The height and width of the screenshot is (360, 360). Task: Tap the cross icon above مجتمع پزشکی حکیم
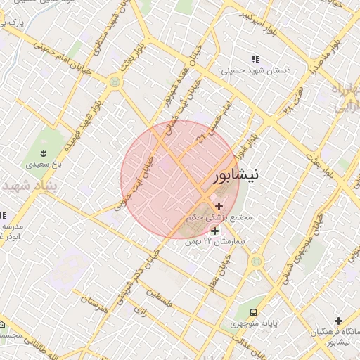[219, 207]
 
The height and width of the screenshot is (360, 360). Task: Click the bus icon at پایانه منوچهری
[253, 312]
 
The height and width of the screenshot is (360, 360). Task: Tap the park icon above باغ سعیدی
[44, 153]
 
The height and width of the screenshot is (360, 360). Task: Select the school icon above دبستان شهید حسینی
[255, 59]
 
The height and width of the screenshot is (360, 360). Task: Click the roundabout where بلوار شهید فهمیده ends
[114, 82]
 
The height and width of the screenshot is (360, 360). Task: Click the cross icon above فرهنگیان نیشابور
[339, 320]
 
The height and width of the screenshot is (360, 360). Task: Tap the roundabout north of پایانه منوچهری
[255, 262]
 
